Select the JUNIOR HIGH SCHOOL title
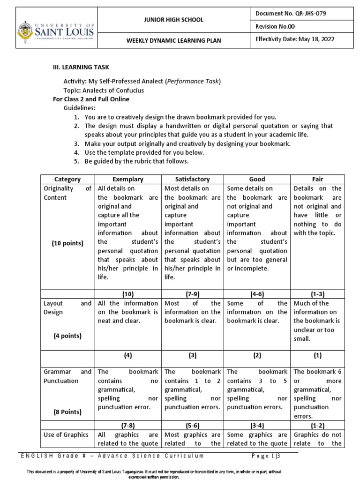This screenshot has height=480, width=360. pos(173,20)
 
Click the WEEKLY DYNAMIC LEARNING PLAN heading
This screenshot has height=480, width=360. pos(173,41)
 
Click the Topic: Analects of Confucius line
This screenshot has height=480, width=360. pos(104,90)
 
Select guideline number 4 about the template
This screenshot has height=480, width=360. pos(144,153)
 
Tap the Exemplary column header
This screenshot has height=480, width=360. pos(128,179)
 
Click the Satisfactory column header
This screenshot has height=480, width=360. pos(193,179)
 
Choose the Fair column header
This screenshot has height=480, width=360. pos(317,179)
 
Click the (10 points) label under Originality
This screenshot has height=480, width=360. pos(67,243)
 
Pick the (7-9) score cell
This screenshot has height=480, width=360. pos(193,294)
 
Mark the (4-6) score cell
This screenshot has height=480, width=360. pos(257,294)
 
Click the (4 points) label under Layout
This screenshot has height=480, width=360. pos(67,336)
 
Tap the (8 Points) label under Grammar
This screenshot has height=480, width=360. pos(67,412)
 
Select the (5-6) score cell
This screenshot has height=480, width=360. pos(193,426)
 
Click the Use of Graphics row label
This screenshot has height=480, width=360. pos(62,435)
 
